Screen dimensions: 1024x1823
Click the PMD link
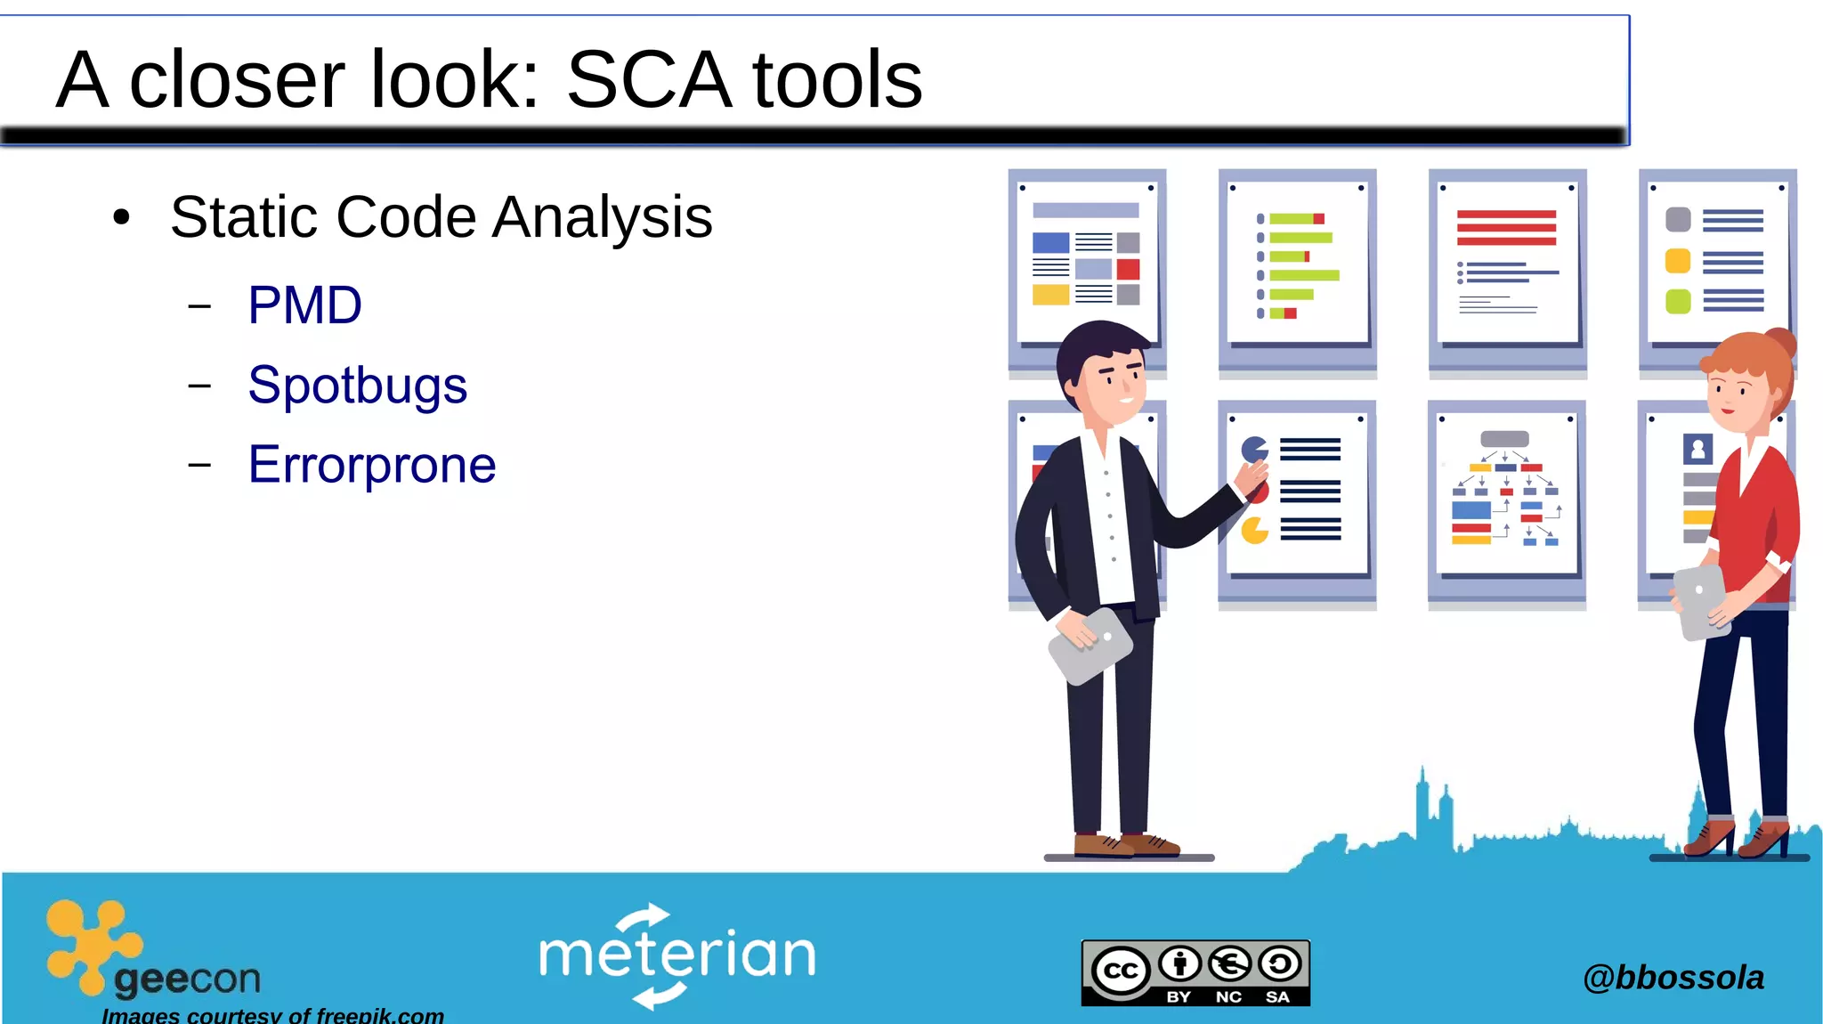click(x=304, y=305)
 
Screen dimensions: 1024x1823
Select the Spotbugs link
click(x=357, y=386)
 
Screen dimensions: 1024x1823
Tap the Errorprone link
click(x=372, y=465)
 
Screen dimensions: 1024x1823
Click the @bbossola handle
click(x=1673, y=977)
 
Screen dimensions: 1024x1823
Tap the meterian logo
click(x=677, y=955)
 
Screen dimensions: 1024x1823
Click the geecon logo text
click(x=187, y=979)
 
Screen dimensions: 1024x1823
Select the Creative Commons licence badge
click(x=1195, y=972)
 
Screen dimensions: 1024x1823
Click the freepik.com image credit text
click(x=272, y=1015)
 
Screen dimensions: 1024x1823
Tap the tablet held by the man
click(x=1090, y=646)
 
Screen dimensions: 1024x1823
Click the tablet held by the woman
click(x=1701, y=602)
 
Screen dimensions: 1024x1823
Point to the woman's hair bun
click(x=1779, y=342)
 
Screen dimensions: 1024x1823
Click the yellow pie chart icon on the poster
click(x=1254, y=531)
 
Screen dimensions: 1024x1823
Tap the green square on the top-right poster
click(x=1678, y=301)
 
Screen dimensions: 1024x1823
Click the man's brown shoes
click(x=1126, y=844)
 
